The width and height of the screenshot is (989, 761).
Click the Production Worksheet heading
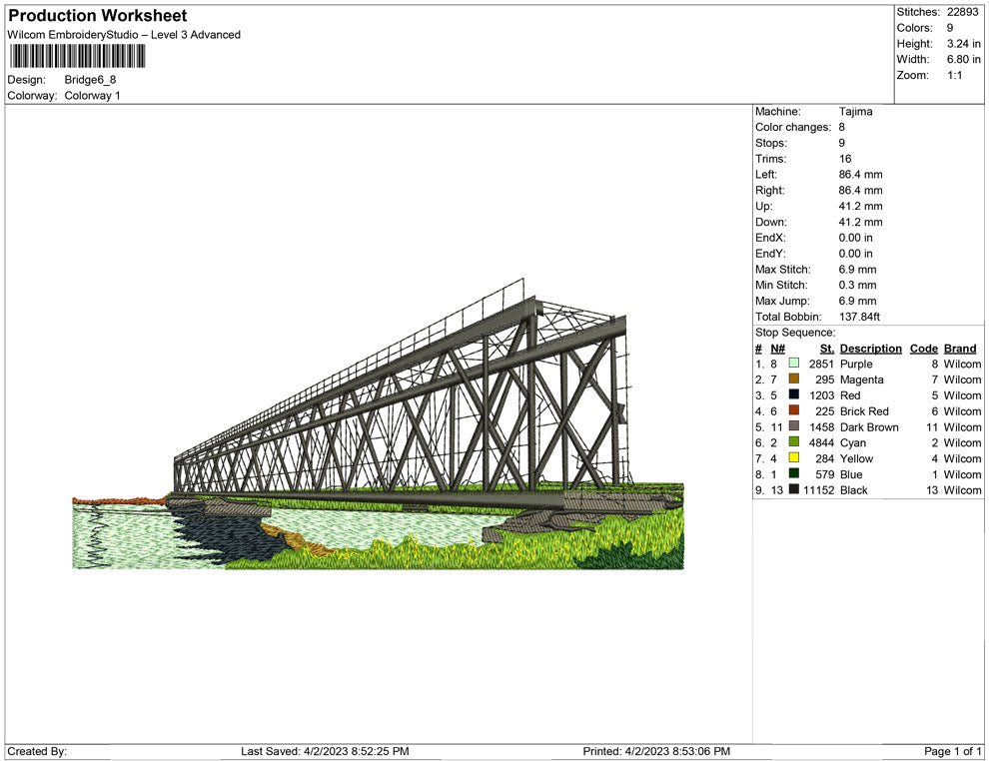click(98, 16)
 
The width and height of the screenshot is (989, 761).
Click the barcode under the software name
click(77, 56)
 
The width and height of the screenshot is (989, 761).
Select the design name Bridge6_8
click(90, 80)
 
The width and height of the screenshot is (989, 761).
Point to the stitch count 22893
click(962, 12)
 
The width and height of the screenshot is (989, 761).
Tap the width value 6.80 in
click(964, 59)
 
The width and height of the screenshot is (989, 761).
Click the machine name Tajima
click(856, 112)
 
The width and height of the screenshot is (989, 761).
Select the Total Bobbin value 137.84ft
click(859, 317)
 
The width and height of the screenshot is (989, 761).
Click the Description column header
click(870, 349)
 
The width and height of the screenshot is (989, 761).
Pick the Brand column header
click(960, 349)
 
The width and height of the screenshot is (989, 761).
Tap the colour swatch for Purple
click(794, 364)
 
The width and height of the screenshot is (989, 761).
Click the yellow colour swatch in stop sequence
click(794, 457)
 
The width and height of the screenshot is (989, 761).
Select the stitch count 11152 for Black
click(818, 490)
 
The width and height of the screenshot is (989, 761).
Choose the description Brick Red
click(864, 411)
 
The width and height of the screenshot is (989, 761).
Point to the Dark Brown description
click(869, 426)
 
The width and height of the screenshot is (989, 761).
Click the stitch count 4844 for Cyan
click(821, 442)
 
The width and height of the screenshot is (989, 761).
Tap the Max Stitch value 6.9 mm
click(857, 270)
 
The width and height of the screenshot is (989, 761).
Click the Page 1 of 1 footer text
click(952, 751)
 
